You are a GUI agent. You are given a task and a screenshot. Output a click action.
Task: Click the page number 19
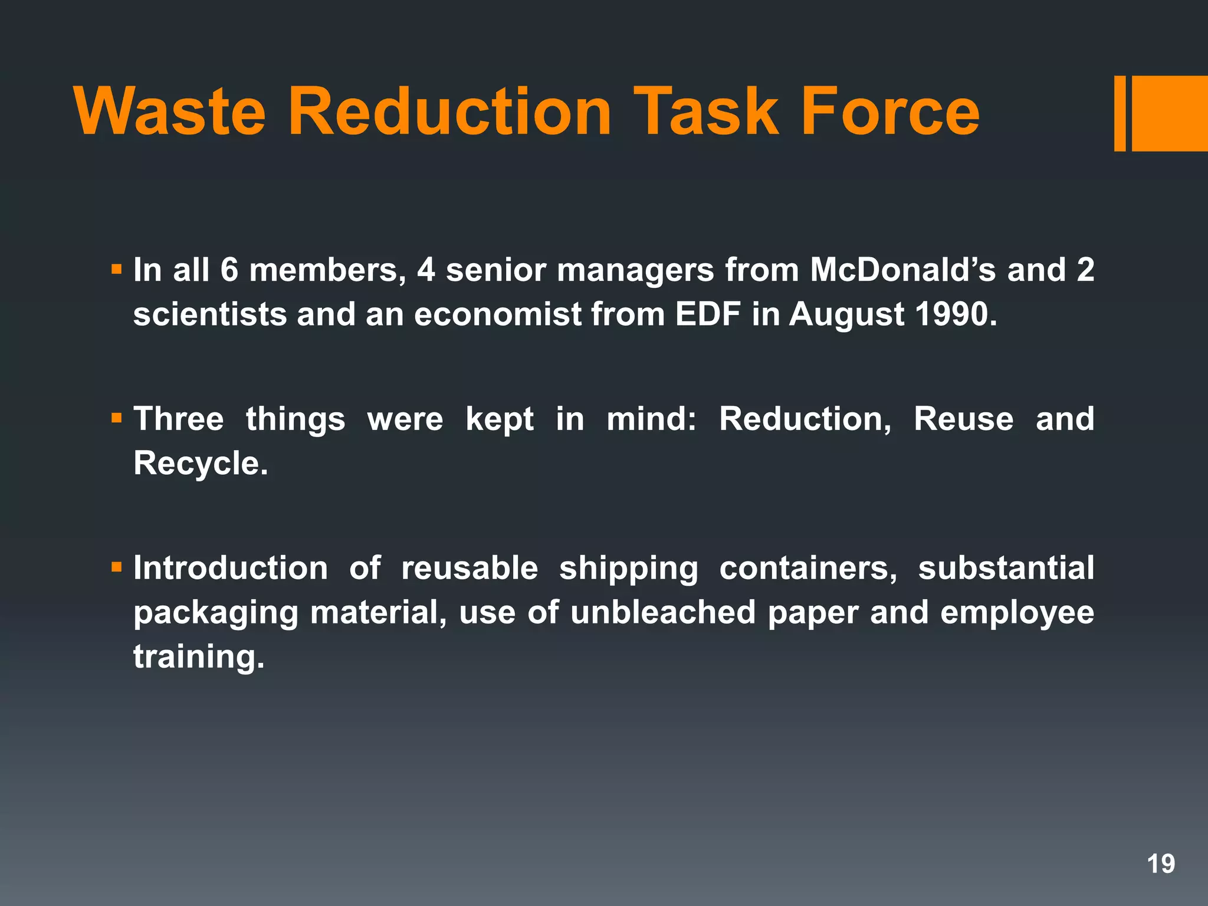(1160, 864)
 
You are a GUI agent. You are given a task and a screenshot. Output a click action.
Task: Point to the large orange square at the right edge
(1169, 113)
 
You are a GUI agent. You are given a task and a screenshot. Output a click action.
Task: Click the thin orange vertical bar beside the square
(1120, 113)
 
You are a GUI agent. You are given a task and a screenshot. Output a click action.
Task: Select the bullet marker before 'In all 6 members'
(116, 270)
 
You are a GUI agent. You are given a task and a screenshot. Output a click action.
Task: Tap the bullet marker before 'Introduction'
(116, 568)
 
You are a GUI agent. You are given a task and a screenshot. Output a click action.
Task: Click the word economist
(497, 314)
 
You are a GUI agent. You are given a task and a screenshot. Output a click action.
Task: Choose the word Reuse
(963, 419)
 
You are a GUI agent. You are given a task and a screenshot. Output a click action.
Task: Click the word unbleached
(662, 612)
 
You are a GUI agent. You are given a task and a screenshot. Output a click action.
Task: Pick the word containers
(808, 568)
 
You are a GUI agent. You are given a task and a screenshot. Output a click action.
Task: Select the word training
(199, 656)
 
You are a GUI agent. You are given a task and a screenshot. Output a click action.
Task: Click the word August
(846, 315)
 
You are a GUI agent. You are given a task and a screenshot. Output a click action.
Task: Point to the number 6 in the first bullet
(229, 270)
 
